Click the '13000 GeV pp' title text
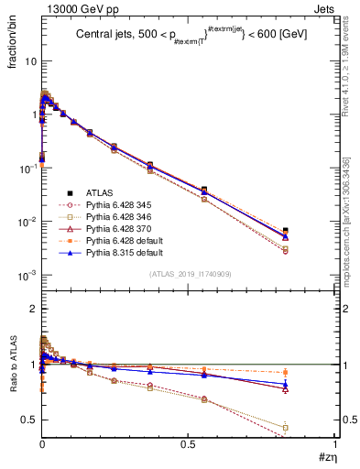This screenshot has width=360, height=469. click(71, 7)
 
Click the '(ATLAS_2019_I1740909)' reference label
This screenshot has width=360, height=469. click(188, 275)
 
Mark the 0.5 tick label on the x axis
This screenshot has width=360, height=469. click(188, 444)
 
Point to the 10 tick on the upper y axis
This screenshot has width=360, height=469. click(29, 60)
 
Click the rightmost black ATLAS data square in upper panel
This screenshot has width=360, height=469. click(311, 231)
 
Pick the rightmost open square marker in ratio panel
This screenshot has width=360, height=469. click(311, 427)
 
